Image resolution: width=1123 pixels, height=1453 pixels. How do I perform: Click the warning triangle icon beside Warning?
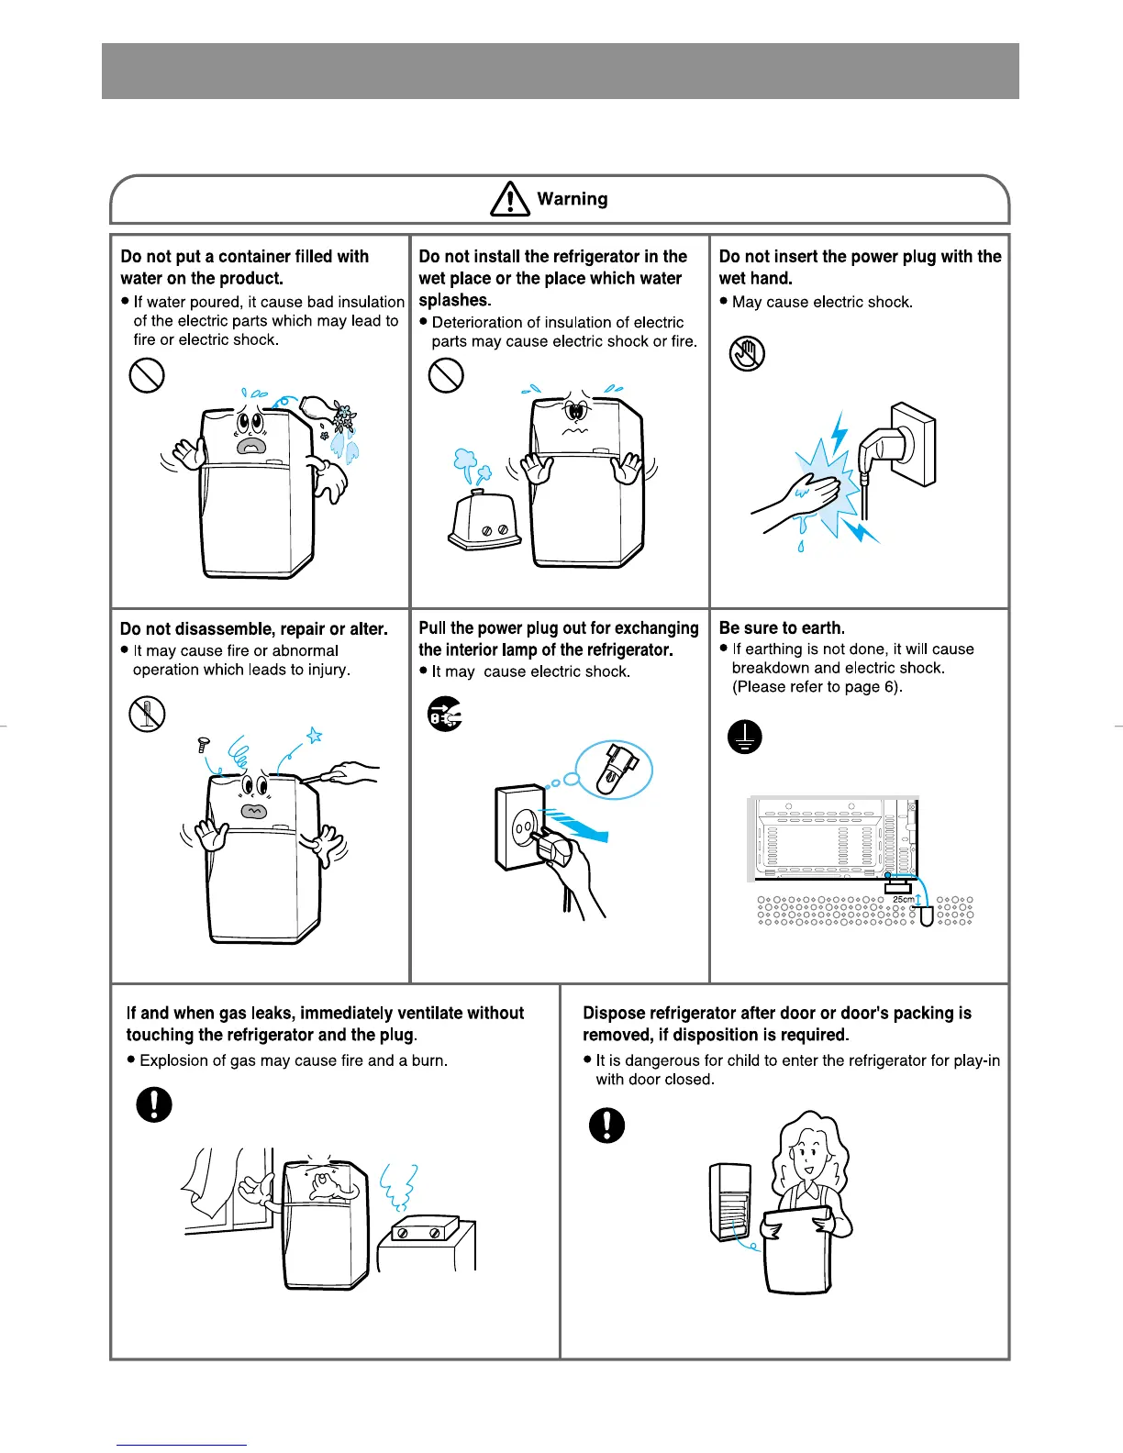[x=510, y=198]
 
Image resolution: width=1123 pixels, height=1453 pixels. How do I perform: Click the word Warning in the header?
[x=573, y=199]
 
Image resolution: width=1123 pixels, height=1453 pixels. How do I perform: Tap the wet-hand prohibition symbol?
[x=747, y=353]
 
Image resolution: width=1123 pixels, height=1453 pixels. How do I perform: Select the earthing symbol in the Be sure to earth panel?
[x=745, y=737]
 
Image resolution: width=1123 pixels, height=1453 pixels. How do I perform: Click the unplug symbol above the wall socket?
[x=445, y=714]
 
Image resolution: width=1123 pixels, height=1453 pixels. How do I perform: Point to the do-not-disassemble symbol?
[x=147, y=714]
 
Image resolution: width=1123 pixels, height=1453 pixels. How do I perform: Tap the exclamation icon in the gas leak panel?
[x=154, y=1104]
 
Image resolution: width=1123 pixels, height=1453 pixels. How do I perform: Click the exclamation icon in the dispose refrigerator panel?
[x=606, y=1125]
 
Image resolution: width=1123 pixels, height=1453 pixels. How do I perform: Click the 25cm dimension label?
[x=903, y=899]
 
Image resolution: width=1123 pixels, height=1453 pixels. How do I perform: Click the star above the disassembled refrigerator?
[x=314, y=735]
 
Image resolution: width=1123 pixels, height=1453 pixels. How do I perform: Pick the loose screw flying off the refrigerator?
[x=204, y=745]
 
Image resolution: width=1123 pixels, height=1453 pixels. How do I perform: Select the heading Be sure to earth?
[x=782, y=628]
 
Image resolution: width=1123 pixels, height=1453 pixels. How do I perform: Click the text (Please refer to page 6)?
[x=817, y=687]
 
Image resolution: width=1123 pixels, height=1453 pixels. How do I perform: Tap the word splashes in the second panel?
[x=454, y=300]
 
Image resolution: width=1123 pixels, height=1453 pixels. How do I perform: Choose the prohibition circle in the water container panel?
[x=147, y=374]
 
